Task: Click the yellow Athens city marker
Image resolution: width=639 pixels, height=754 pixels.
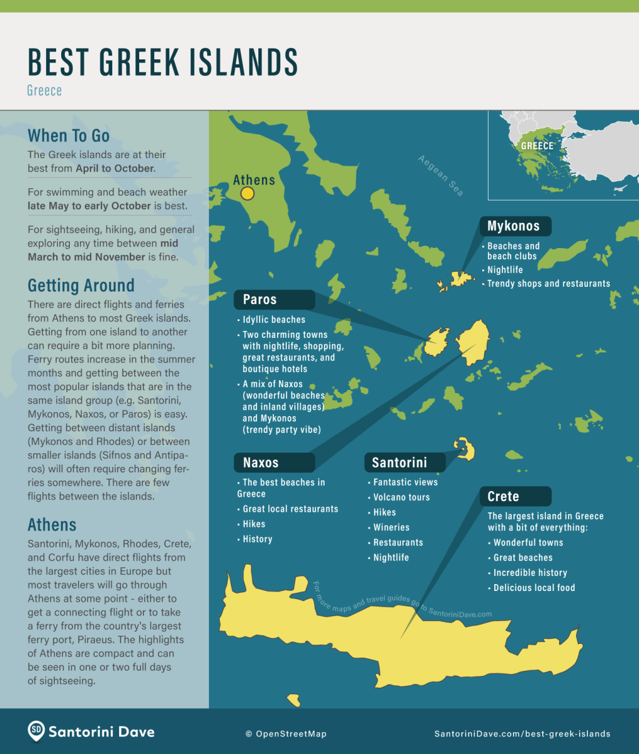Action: click(x=247, y=194)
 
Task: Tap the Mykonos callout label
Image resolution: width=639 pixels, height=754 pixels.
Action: click(x=514, y=226)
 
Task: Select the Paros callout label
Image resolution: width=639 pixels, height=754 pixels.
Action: click(x=260, y=300)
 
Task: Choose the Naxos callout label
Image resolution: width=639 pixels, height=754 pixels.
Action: click(x=261, y=463)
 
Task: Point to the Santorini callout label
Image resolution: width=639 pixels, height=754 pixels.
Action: click(x=399, y=463)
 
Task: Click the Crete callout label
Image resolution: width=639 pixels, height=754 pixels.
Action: click(x=504, y=497)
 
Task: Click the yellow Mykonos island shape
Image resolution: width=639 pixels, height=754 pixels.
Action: click(x=461, y=279)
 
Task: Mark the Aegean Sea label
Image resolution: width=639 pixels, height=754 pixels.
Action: click(x=441, y=176)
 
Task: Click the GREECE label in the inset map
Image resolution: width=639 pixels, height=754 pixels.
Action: click(x=537, y=146)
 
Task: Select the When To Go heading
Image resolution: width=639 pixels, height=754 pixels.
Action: click(x=69, y=136)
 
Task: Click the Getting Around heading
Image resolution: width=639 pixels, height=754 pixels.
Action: click(x=81, y=285)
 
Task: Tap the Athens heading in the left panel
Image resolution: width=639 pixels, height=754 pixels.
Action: click(x=52, y=525)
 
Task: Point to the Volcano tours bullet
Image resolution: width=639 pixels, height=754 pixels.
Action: click(x=401, y=497)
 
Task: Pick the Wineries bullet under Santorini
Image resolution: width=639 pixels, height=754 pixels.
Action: click(x=391, y=527)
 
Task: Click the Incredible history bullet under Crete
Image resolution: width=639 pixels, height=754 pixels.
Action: click(x=530, y=573)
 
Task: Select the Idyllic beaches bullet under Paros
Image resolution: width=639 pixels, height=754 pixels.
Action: click(x=274, y=320)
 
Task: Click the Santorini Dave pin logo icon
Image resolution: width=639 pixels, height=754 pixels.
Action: click(x=36, y=731)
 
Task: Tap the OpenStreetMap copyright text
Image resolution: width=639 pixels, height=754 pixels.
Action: click(x=286, y=734)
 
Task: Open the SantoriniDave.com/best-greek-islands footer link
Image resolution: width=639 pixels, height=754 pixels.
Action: click(x=522, y=734)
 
